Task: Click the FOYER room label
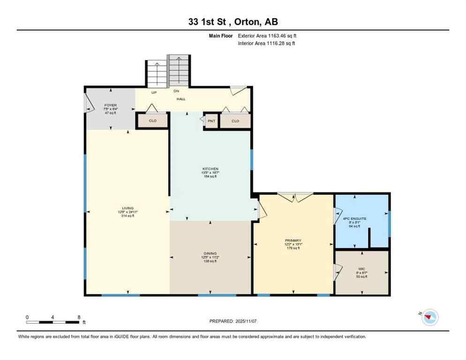[x=111, y=105]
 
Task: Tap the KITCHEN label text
[x=210, y=169]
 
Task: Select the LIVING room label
[x=128, y=208]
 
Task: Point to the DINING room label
[x=210, y=254]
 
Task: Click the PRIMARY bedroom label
[x=293, y=240]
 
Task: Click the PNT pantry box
[x=211, y=121]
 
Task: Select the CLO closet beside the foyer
[x=152, y=121]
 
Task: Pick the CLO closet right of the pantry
[x=235, y=121]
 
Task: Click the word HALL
[x=181, y=99]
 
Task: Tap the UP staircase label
[x=153, y=92]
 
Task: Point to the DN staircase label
[x=176, y=91]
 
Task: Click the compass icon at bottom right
[x=429, y=317]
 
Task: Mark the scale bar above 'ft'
[x=53, y=322]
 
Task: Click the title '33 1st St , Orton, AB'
[x=233, y=22]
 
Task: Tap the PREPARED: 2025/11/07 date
[x=233, y=321]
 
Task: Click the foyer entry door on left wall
[x=88, y=103]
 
